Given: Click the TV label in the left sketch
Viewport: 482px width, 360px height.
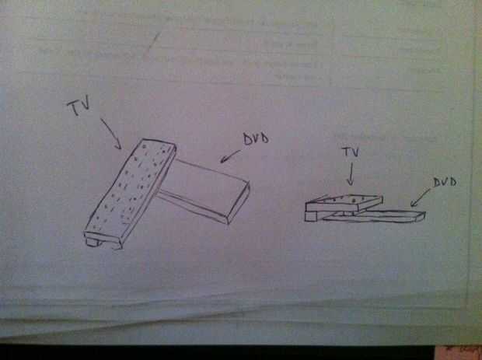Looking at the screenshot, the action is pyautogui.click(x=79, y=106).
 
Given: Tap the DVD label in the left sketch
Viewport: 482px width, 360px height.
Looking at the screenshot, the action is pyautogui.click(x=256, y=138).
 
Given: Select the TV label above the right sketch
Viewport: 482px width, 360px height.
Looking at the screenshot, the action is pyautogui.click(x=350, y=152).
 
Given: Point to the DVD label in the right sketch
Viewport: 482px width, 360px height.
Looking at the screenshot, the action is pyautogui.click(x=445, y=182).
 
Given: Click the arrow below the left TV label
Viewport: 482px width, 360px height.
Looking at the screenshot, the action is pyautogui.click(x=110, y=133).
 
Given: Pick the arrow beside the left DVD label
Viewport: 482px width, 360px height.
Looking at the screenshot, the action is pyautogui.click(x=231, y=156).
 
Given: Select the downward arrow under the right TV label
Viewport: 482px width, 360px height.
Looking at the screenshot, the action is pyautogui.click(x=350, y=174).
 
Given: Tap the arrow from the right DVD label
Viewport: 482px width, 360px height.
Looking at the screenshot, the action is pyautogui.click(x=421, y=197).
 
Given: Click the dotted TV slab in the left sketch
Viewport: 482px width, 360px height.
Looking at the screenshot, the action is pyautogui.click(x=131, y=193).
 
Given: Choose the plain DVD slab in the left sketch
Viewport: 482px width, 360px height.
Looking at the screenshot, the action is pyautogui.click(x=204, y=190).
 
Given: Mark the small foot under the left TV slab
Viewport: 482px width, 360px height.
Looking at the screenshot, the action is pyautogui.click(x=93, y=242).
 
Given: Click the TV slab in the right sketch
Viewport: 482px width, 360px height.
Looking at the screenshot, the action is pyautogui.click(x=344, y=203).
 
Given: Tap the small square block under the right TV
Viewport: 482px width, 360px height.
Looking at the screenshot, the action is pyautogui.click(x=310, y=216).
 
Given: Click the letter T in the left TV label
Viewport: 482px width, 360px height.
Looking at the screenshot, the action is pyautogui.click(x=73, y=107).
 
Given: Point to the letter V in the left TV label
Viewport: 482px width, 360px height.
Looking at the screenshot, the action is pyautogui.click(x=86, y=102).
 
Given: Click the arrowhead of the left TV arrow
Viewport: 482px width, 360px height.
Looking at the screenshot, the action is pyautogui.click(x=118, y=145).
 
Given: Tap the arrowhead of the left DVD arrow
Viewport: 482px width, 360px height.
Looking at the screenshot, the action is pyautogui.click(x=224, y=159).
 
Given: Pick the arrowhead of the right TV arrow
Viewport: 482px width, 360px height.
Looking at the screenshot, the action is pyautogui.click(x=350, y=183).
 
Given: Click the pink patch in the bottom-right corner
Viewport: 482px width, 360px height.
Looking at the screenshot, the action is pyautogui.click(x=459, y=353).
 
